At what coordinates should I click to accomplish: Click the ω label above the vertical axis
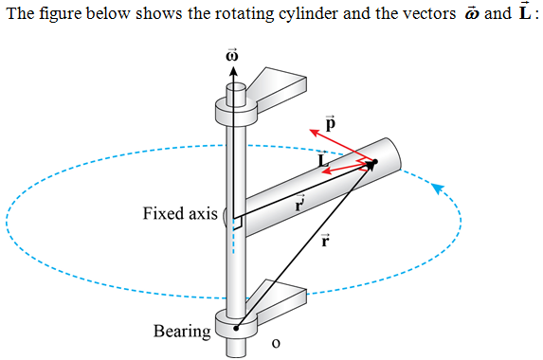click(230, 55)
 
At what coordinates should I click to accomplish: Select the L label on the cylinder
click(323, 163)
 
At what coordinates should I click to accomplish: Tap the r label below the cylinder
click(326, 241)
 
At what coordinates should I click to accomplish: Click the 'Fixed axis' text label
click(180, 213)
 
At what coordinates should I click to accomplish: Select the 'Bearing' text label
click(182, 331)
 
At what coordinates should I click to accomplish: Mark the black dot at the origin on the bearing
click(236, 327)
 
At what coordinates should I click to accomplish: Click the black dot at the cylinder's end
click(373, 163)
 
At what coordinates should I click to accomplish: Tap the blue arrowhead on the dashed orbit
click(437, 187)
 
